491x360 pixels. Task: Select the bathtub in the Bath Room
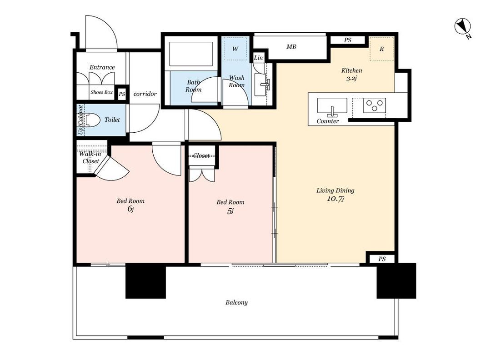[x=190, y=54]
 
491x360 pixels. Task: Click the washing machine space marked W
[x=235, y=49]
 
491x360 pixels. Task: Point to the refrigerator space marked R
[x=381, y=49]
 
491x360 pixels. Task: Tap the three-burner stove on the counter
[x=375, y=105]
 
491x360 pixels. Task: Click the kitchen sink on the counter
[x=332, y=106]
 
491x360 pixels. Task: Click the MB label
[x=291, y=47]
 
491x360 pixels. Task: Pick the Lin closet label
[x=258, y=58]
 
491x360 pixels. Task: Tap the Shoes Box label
[x=101, y=92]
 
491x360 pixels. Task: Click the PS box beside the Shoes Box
[x=122, y=94]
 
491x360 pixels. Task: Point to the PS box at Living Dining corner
[x=382, y=259]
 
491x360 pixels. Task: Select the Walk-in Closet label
[x=90, y=157]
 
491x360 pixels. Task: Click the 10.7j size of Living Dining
[x=336, y=199]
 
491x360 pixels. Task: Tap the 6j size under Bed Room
[x=130, y=209]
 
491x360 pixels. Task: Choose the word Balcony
[x=236, y=302]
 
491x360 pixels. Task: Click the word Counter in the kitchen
[x=327, y=121]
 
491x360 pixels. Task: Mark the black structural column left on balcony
[x=145, y=281]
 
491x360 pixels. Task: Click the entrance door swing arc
[x=110, y=25]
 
